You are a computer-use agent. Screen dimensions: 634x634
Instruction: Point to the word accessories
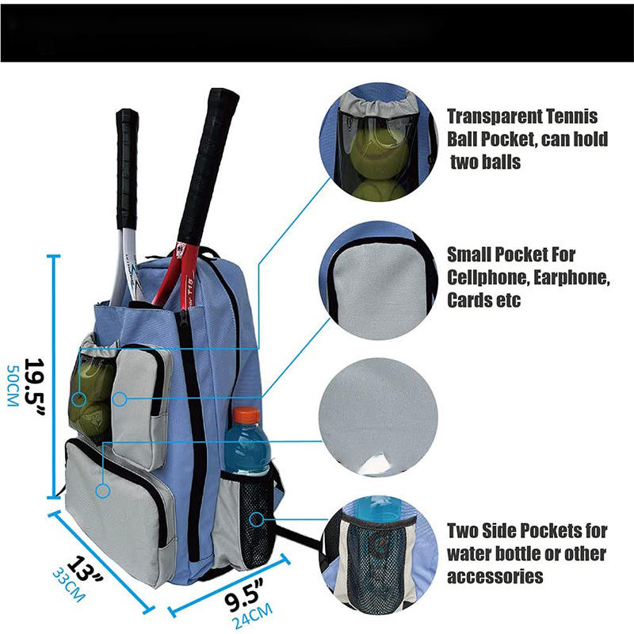point(495,576)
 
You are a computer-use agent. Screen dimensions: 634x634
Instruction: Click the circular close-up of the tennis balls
point(379,151)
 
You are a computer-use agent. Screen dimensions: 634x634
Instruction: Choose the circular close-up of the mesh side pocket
point(379,555)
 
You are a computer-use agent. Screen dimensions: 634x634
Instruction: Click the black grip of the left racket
point(127,166)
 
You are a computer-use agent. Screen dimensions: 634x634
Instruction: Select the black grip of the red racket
point(208,158)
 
